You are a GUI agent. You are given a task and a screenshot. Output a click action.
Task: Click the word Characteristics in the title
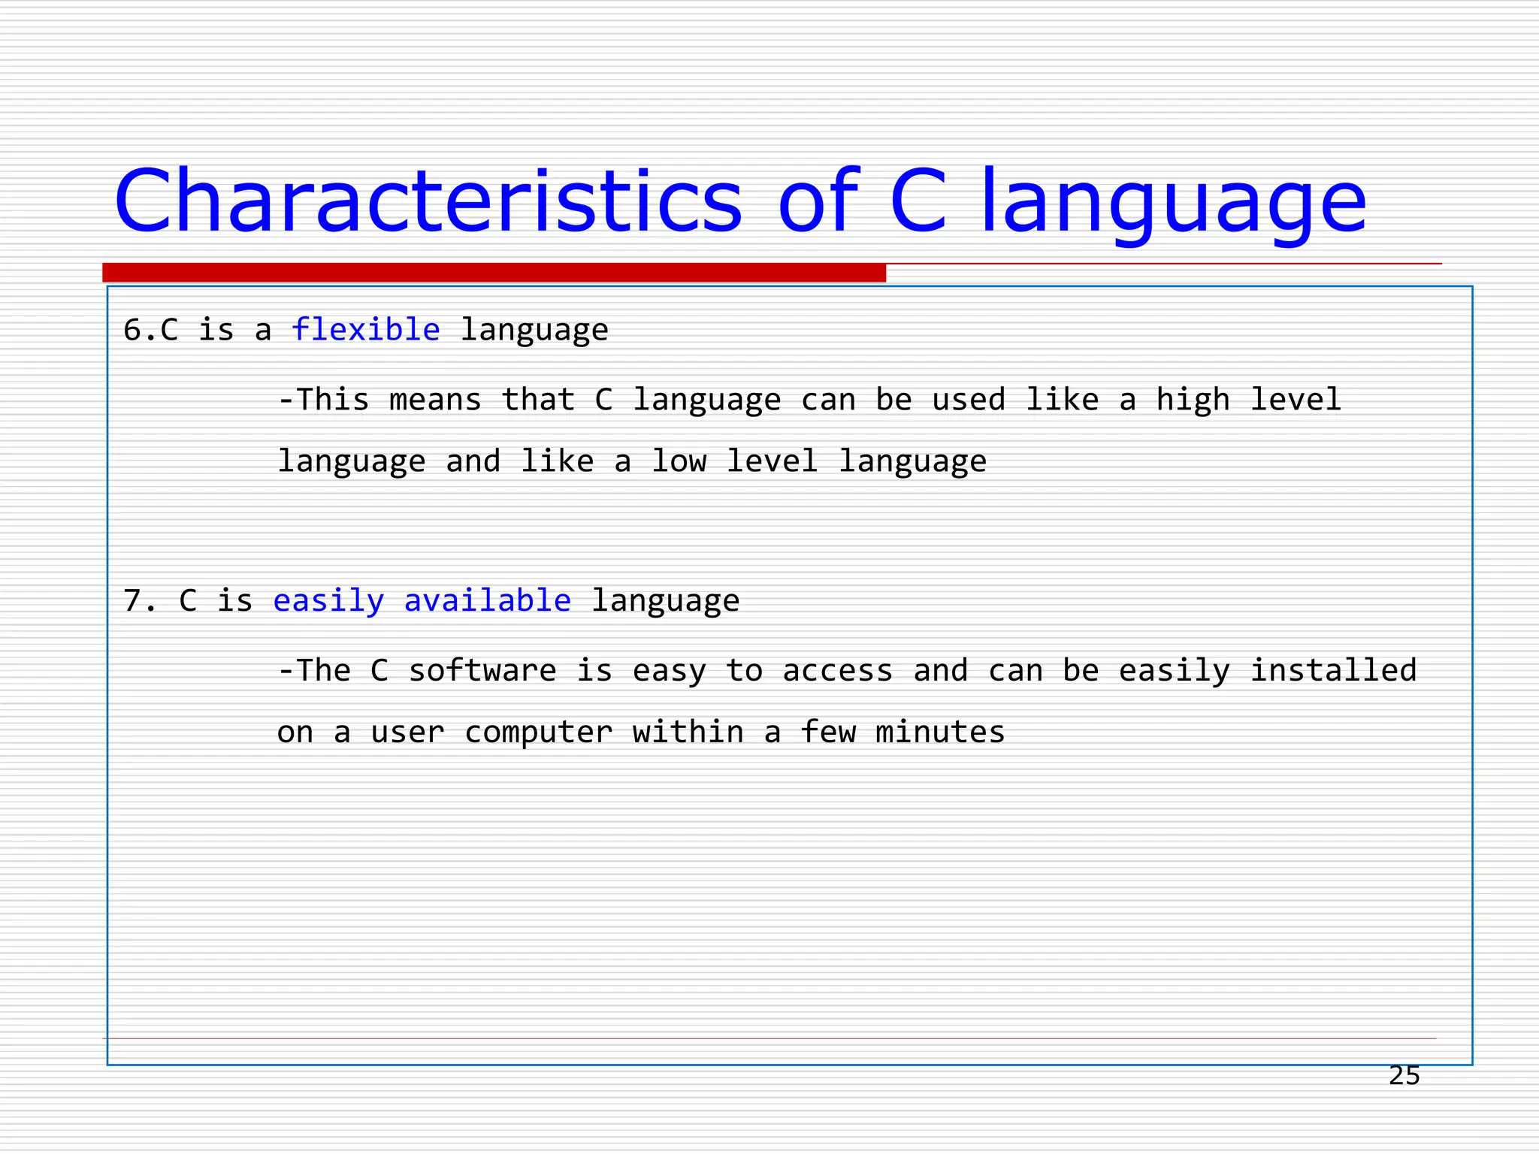pyautogui.click(x=428, y=201)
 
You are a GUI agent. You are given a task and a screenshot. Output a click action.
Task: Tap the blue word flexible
pyautogui.click(x=365, y=330)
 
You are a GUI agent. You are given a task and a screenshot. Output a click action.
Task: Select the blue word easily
pyautogui.click(x=328, y=601)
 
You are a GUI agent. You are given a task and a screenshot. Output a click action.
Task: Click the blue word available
pyautogui.click(x=487, y=600)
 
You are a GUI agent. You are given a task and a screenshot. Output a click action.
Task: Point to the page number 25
pyautogui.click(x=1404, y=1076)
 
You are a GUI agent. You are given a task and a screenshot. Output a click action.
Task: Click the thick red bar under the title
pyautogui.click(x=494, y=273)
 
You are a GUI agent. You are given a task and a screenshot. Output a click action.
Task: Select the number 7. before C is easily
pyautogui.click(x=140, y=601)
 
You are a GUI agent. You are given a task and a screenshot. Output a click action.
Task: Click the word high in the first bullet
pyautogui.click(x=1193, y=400)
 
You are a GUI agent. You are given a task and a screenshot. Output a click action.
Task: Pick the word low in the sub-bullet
pyautogui.click(x=679, y=461)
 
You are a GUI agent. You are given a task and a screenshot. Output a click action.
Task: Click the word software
pyautogui.click(x=482, y=670)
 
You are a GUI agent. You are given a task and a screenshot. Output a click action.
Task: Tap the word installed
pyautogui.click(x=1333, y=670)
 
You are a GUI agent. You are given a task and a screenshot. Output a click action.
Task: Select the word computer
pyautogui.click(x=538, y=733)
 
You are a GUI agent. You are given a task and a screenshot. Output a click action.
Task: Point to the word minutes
pyautogui.click(x=940, y=732)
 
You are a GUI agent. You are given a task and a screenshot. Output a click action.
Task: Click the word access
pyautogui.click(x=837, y=671)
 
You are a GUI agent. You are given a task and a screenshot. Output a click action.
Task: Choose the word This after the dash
pyautogui.click(x=332, y=400)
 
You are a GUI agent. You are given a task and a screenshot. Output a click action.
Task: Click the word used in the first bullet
pyautogui.click(x=968, y=400)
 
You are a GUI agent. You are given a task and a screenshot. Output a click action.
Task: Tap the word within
pyautogui.click(x=688, y=732)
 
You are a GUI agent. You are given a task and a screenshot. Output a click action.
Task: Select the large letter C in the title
pyautogui.click(x=918, y=201)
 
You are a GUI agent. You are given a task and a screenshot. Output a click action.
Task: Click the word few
pyautogui.click(x=827, y=732)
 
